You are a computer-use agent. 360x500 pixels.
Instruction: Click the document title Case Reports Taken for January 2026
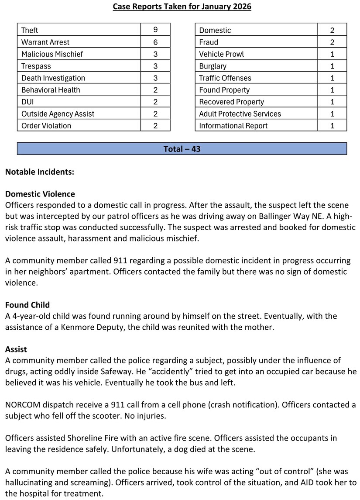pos(182,7)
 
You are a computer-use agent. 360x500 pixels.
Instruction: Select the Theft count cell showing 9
pos(155,30)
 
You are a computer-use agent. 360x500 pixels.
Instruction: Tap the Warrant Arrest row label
pos(45,42)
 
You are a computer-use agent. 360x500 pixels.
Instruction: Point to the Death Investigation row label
pos(53,78)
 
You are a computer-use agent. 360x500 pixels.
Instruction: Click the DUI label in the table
pos(28,102)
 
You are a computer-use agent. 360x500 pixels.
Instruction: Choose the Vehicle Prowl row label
pos(221,54)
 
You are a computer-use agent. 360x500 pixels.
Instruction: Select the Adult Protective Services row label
pos(240,114)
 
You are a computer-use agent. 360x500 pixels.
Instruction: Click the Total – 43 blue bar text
pos(182,149)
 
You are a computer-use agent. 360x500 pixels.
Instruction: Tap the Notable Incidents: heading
pos(40,172)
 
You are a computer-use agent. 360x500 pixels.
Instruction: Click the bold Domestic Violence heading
pos(40,194)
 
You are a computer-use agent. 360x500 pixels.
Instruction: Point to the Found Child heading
pos(27,305)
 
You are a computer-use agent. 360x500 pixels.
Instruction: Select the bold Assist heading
pos(16,349)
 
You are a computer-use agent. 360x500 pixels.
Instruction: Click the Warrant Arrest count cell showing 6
pos(155,42)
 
